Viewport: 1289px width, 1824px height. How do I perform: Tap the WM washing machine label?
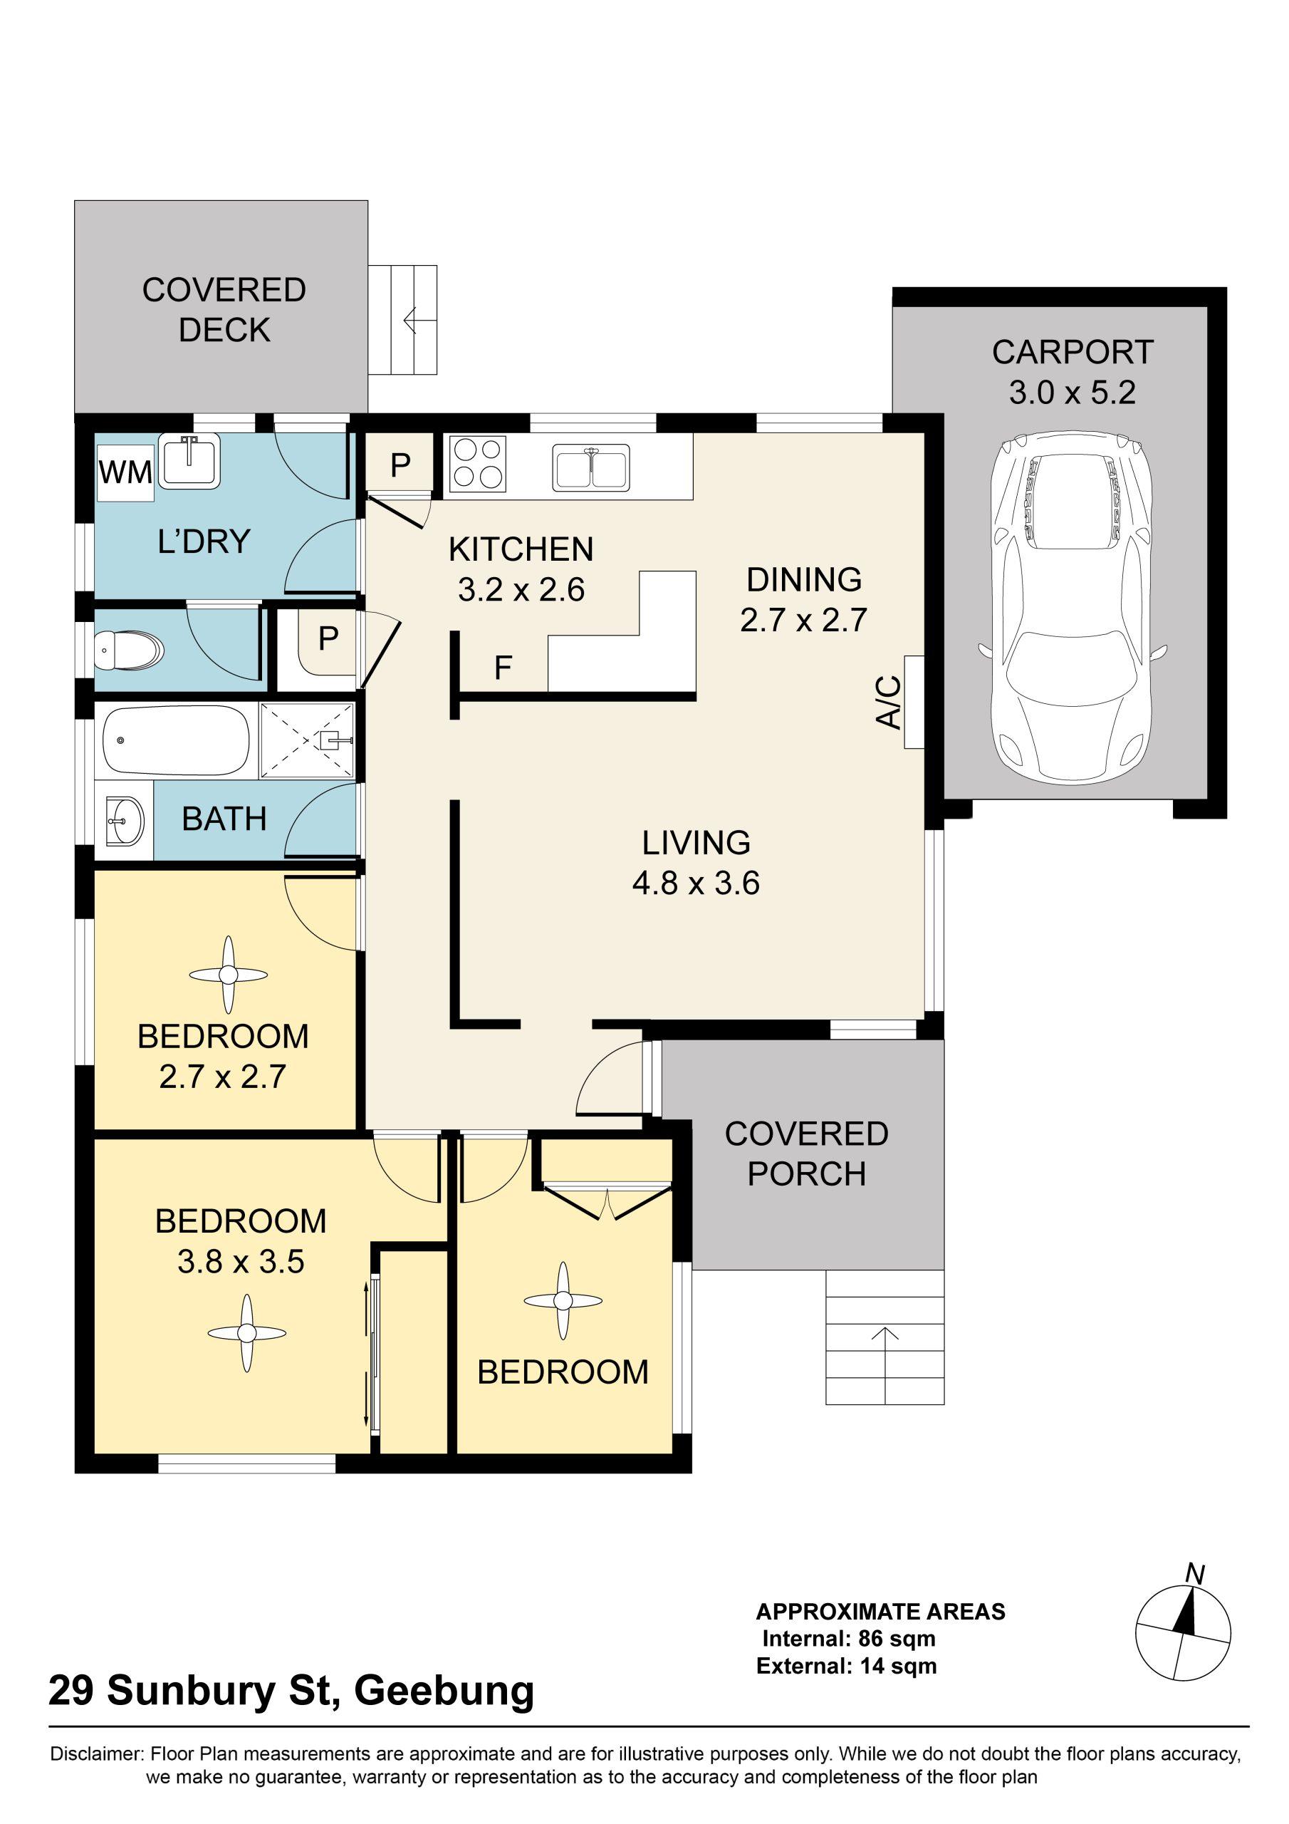click(x=125, y=472)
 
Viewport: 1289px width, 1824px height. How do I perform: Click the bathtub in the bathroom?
click(x=177, y=740)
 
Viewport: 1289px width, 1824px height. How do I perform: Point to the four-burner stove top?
click(x=478, y=464)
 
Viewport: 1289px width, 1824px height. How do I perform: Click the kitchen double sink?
click(x=592, y=466)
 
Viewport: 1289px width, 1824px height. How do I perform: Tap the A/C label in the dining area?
click(x=889, y=703)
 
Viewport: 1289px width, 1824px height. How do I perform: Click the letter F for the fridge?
click(x=503, y=668)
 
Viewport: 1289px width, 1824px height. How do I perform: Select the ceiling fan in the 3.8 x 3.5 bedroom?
click(x=246, y=1333)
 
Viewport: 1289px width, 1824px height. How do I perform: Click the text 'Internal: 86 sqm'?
click(x=849, y=1638)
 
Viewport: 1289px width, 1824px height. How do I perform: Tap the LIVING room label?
click(x=696, y=842)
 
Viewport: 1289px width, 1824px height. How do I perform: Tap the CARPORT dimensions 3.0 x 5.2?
click(x=1073, y=393)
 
